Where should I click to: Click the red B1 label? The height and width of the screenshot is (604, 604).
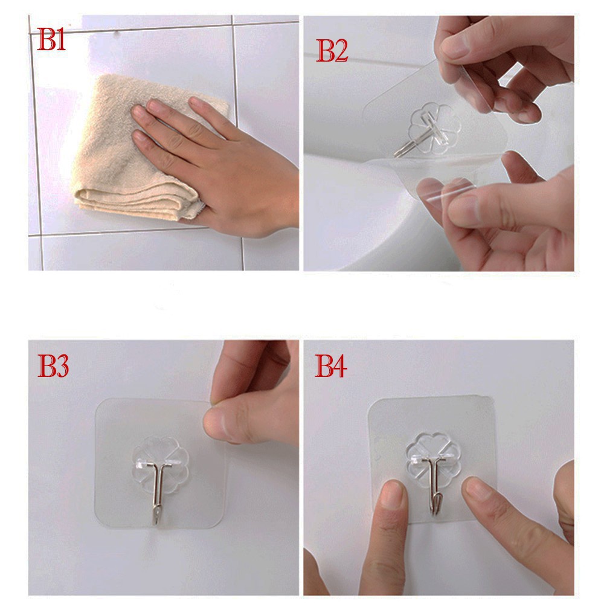(51, 39)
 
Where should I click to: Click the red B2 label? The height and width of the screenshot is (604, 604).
(332, 51)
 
